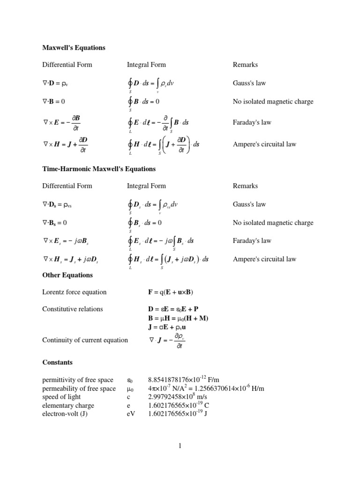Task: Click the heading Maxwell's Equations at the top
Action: tap(74, 48)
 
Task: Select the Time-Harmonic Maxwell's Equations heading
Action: tap(99, 169)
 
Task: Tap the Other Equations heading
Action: tap(67, 275)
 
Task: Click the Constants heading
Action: tap(57, 362)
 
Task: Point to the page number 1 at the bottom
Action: tap(180, 446)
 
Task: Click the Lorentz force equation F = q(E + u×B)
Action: tap(171, 292)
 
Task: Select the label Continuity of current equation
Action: tap(85, 340)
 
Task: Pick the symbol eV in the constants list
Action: tap(131, 414)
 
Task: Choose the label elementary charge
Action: tap(68, 405)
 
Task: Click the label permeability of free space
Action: tap(79, 389)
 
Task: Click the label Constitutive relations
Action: tap(73, 309)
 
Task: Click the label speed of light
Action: tap(62, 397)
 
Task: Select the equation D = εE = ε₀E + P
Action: tap(173, 309)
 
